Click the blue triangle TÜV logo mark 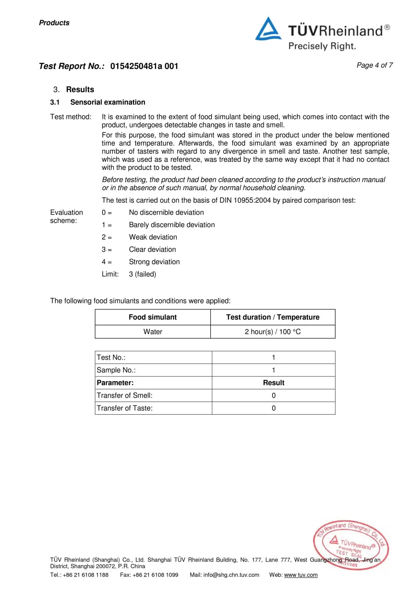pyautogui.click(x=268, y=29)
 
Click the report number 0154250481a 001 pyautogui.click(x=144, y=66)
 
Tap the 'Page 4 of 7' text pyautogui.click(x=374, y=65)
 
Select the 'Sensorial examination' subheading pyautogui.click(x=108, y=102)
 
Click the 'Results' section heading pyautogui.click(x=80, y=89)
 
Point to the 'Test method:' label pyautogui.click(x=71, y=117)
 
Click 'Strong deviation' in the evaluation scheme pyautogui.click(x=154, y=262)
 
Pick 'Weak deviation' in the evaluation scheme pyautogui.click(x=153, y=237)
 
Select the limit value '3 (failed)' pyautogui.click(x=142, y=274)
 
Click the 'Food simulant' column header pyautogui.click(x=152, y=317)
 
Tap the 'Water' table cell pyautogui.click(x=152, y=332)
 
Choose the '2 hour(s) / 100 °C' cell pyautogui.click(x=273, y=332)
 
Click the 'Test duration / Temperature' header pyautogui.click(x=273, y=317)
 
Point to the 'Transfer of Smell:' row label pyautogui.click(x=124, y=395)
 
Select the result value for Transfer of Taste pyautogui.click(x=273, y=408)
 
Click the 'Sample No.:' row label pyautogui.click(x=116, y=370)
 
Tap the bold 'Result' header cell pyautogui.click(x=273, y=383)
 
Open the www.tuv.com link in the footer pyautogui.click(x=301, y=575)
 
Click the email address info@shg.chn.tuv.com pyautogui.click(x=231, y=575)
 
